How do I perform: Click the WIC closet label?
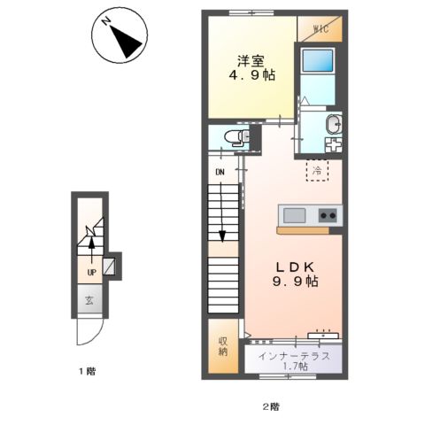point(321,29)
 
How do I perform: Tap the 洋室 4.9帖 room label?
point(251,68)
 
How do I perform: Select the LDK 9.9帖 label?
point(295,274)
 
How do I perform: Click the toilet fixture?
point(236,137)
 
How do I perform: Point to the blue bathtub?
point(318,60)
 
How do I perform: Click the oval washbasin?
point(334,124)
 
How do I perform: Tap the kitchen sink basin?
point(294,215)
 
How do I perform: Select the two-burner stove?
point(328,215)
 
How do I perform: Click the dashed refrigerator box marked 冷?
point(317,170)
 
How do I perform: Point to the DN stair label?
point(220,172)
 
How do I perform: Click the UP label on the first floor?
point(91,273)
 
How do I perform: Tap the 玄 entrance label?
point(89,301)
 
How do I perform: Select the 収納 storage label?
point(223,346)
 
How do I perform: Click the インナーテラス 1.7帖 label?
point(294,361)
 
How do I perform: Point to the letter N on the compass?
point(105,22)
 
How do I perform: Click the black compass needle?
point(126,42)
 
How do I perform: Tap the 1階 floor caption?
point(87,371)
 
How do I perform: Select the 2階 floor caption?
point(271,407)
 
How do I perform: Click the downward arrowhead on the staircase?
point(222,236)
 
